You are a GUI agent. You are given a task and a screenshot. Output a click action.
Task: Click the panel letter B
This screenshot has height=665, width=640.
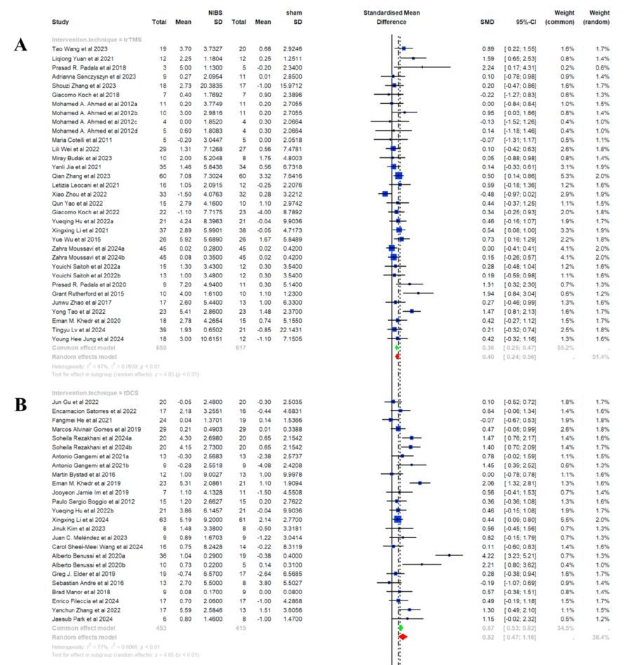tap(20, 404)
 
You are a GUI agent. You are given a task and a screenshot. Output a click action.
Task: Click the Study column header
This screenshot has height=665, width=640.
tap(62, 22)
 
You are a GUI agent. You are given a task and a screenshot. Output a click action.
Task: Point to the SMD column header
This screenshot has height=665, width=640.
tap(486, 22)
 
